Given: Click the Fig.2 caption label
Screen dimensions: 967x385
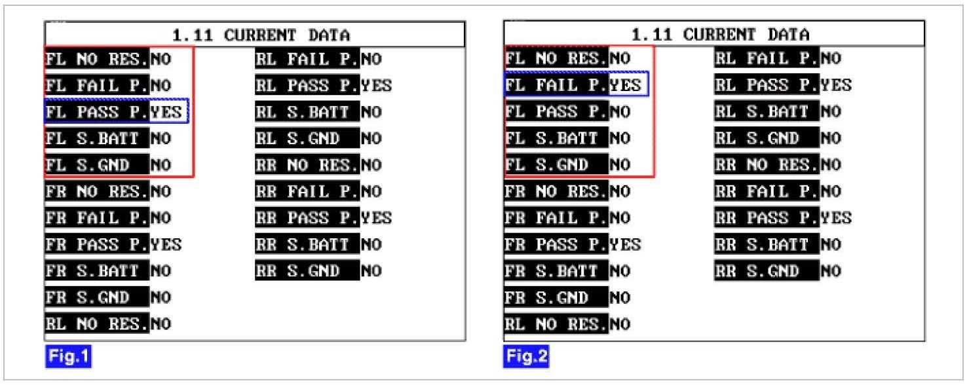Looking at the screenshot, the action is point(527,357).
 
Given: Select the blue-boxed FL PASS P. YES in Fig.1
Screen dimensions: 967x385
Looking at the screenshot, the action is point(117,112).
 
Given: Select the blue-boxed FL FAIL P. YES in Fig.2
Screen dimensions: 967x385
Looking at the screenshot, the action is point(577,85).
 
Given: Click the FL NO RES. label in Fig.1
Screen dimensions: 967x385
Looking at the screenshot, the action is point(97,60).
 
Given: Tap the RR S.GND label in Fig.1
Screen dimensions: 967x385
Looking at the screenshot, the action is point(307,271).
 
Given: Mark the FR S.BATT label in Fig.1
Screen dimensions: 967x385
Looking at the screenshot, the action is point(97,271).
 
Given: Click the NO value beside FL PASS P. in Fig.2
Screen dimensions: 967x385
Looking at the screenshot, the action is point(620,112).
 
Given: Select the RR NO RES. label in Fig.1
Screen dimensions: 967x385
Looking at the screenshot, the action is point(307,165).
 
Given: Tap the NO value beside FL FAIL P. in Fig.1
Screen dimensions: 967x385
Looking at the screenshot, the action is point(161,86).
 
